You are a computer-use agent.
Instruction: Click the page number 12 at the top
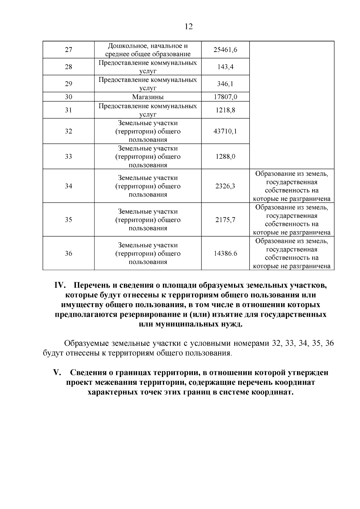(188, 26)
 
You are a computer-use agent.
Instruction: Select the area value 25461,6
(225, 50)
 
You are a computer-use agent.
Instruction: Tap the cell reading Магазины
(148, 97)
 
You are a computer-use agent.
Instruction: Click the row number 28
(68, 67)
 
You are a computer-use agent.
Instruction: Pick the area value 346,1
(225, 84)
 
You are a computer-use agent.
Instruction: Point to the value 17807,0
(225, 97)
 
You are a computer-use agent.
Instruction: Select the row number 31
(68, 110)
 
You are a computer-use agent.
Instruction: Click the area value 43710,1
(225, 131)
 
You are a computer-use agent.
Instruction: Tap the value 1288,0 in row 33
(225, 157)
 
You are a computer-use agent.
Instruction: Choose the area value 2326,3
(225, 186)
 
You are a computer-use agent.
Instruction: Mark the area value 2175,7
(225, 220)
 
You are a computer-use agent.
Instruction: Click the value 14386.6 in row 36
(225, 253)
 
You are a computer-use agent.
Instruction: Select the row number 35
(68, 220)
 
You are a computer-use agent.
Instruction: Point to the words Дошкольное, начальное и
(148, 46)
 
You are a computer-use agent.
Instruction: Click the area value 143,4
(225, 67)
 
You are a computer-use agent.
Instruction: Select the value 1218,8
(225, 110)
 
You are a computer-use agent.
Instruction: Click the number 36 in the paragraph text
(329, 343)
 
